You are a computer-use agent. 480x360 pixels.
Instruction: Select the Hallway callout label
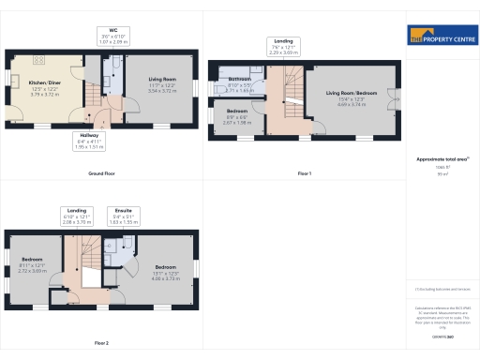87,141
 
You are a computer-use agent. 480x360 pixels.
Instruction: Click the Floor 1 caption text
304,174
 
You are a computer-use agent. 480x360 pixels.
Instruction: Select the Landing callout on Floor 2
79,216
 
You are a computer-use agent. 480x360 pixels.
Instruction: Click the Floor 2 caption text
100,343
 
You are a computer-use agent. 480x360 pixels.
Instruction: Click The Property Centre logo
441,36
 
